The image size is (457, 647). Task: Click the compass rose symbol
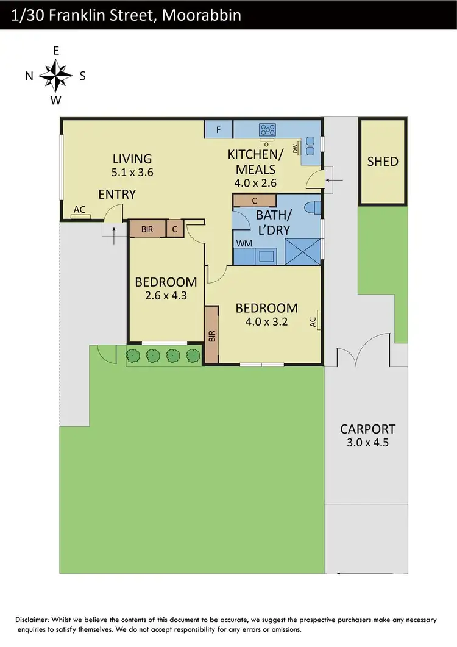point(55,76)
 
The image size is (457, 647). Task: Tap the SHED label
point(382,162)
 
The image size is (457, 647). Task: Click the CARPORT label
point(367,429)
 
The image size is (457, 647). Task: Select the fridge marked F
point(219,129)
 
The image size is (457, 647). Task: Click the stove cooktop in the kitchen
point(267,129)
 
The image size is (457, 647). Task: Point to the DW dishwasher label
point(296,148)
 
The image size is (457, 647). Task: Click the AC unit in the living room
point(79,210)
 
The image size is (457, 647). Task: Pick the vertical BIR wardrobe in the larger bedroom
point(211,335)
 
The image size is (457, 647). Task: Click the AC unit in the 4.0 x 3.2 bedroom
point(314,321)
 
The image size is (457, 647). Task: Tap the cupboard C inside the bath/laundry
point(254,201)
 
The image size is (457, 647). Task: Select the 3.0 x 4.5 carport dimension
point(367,442)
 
